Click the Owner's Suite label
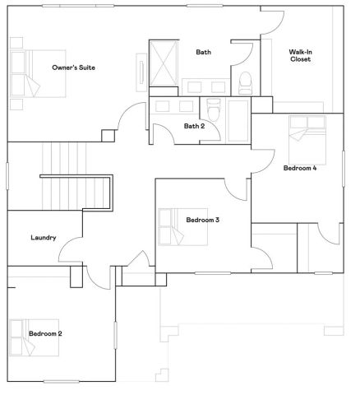(72, 67)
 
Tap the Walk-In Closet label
(300, 55)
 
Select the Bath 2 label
(194, 126)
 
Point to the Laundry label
(43, 238)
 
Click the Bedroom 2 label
(46, 333)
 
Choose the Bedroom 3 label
(202, 220)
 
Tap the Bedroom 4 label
(300, 168)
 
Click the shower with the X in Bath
(164, 61)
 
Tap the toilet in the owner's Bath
(245, 82)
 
